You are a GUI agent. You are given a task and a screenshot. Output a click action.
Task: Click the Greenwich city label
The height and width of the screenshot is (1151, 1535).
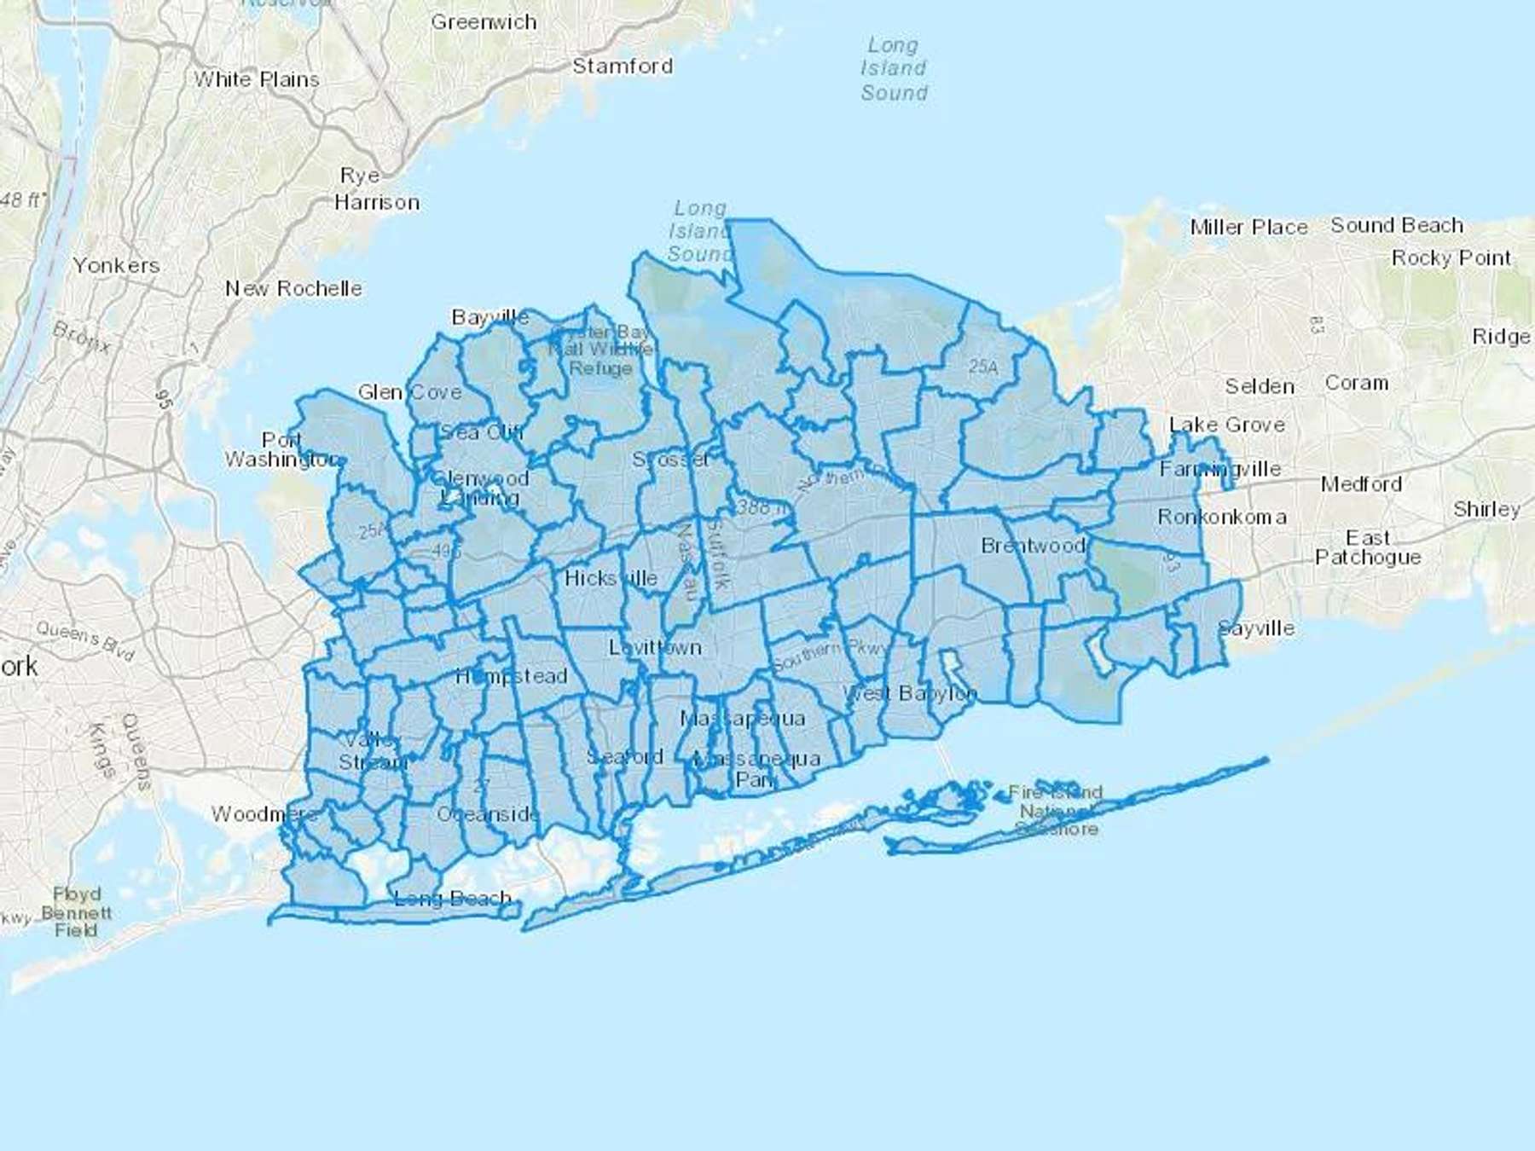coord(484,22)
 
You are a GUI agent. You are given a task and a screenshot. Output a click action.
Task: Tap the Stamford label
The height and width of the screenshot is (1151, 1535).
coord(623,67)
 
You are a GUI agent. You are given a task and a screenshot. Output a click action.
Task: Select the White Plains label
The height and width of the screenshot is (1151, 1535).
coord(257,79)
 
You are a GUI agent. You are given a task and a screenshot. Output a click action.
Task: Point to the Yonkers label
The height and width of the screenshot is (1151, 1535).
coord(116,265)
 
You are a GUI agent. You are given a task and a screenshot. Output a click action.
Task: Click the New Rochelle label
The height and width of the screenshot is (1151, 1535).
coord(293,288)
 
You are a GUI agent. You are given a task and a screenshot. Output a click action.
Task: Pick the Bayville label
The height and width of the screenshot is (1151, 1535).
coord(490,317)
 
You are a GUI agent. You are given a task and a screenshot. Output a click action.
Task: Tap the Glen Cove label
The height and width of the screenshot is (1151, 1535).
coord(409,392)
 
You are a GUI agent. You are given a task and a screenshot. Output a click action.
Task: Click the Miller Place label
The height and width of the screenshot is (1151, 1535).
coord(1248,227)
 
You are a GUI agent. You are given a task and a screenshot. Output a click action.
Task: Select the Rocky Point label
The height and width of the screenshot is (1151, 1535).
coord(1451,257)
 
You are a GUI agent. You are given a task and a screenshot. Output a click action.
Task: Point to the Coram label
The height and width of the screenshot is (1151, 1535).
coord(1356,383)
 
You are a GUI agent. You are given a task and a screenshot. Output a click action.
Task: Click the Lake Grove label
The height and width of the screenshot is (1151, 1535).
coord(1226,425)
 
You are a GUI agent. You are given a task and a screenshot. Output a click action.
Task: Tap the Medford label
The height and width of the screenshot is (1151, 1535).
coord(1361,484)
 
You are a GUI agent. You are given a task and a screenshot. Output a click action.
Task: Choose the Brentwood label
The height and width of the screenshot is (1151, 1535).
coord(1033,546)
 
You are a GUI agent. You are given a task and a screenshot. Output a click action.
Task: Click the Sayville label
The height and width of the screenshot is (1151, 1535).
coord(1256,628)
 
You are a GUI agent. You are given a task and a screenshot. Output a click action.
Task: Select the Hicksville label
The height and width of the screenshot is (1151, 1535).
coord(611,578)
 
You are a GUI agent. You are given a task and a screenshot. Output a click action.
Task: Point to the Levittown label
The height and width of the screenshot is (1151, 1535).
coord(655,647)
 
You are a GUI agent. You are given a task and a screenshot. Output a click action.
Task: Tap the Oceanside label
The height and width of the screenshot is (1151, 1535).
coord(488,814)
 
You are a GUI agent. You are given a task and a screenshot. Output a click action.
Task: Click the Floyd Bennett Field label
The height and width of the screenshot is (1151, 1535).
coord(77,911)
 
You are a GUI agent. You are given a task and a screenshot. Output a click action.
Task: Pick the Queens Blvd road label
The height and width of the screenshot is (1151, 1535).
coord(85,640)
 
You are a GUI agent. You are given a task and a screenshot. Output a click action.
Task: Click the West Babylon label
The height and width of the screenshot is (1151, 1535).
coord(909,693)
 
